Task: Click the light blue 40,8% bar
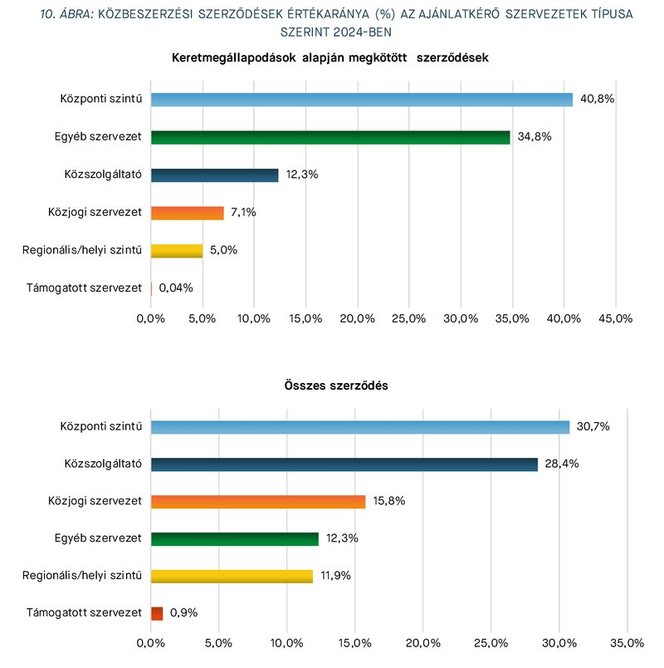pos(362,100)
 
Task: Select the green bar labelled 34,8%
pos(330,137)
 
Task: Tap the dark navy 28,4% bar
pos(344,464)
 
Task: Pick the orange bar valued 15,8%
pos(258,502)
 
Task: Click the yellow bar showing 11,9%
pos(232,577)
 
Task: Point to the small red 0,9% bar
pos(157,613)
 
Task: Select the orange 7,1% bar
pos(188,213)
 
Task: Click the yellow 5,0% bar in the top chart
pos(177,251)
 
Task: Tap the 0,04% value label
pos(176,288)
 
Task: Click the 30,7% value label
pos(593,426)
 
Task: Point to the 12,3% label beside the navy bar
pos(302,174)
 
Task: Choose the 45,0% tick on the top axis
pos(616,319)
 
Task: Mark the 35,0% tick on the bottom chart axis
pos(627,643)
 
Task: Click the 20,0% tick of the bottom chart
pos(423,643)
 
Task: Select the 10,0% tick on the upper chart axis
pos(254,319)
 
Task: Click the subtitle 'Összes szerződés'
pos(336,386)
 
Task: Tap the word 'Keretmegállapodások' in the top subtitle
pos(234,58)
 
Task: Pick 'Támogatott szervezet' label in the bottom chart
pos(84,612)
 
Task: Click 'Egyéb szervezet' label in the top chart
pos(98,137)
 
